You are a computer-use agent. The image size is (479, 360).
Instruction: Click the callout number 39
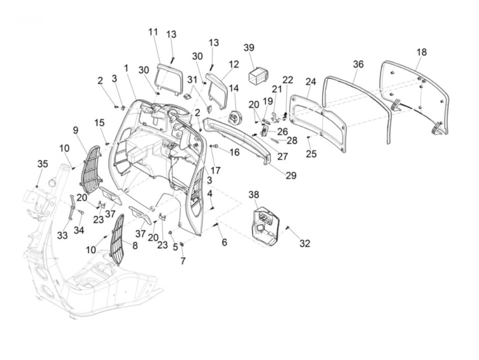[x=249, y=48]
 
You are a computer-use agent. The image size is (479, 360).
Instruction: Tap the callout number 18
[x=422, y=52]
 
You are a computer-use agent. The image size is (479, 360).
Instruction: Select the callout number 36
[x=358, y=64]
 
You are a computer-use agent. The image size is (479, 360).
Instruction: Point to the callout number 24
[x=311, y=81]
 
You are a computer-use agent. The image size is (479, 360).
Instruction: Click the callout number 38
[x=254, y=195]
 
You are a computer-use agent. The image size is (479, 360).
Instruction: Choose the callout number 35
[x=42, y=164]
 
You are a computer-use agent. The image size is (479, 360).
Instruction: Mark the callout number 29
[x=291, y=176]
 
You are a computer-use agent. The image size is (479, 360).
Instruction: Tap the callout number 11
[x=153, y=32]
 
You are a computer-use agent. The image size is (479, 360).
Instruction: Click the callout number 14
[x=234, y=88]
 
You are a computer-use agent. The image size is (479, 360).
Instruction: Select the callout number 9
[x=75, y=130]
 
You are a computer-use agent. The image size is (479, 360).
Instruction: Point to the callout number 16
[x=234, y=152]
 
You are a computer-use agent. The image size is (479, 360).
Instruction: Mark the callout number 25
[x=311, y=154]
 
